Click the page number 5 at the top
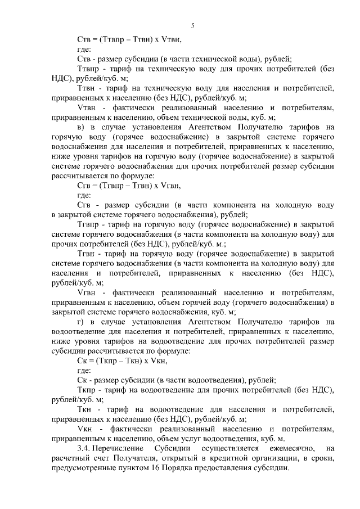pyautogui.click(x=193, y=26)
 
